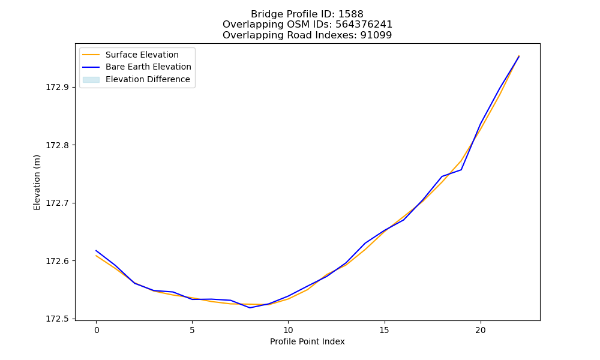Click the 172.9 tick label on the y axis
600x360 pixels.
click(x=58, y=87)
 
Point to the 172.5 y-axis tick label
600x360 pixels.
click(x=58, y=319)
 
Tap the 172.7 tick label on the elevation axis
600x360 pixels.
click(x=58, y=203)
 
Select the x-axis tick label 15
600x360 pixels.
click(x=384, y=330)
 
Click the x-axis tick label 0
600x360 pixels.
click(x=97, y=330)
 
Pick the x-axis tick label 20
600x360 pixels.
click(x=480, y=330)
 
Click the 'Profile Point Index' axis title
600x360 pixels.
click(x=307, y=341)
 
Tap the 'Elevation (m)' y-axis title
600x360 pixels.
click(x=37, y=182)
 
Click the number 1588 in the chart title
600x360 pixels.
click(x=350, y=14)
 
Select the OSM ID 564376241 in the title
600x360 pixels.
click(x=364, y=25)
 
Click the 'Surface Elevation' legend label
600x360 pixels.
click(x=142, y=55)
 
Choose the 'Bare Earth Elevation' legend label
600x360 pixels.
click(x=148, y=67)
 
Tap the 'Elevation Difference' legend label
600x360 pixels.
click(x=148, y=79)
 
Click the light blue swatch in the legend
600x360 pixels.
click(x=91, y=80)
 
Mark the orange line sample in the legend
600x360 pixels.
click(x=91, y=55)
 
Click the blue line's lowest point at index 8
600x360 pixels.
click(x=250, y=308)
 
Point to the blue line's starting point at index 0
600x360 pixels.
click(x=96, y=251)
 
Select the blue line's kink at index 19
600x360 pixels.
click(x=461, y=169)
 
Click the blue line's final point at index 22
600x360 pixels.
click(x=519, y=56)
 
